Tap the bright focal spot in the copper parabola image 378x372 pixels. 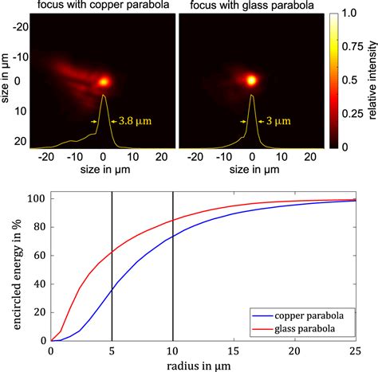[104, 81]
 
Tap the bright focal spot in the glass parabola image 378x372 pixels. [252, 80]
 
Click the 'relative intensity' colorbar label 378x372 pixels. [371, 80]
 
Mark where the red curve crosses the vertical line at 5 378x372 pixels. [112, 252]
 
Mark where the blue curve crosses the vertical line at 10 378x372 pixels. [173, 237]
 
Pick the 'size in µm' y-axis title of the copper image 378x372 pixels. [8, 80]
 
